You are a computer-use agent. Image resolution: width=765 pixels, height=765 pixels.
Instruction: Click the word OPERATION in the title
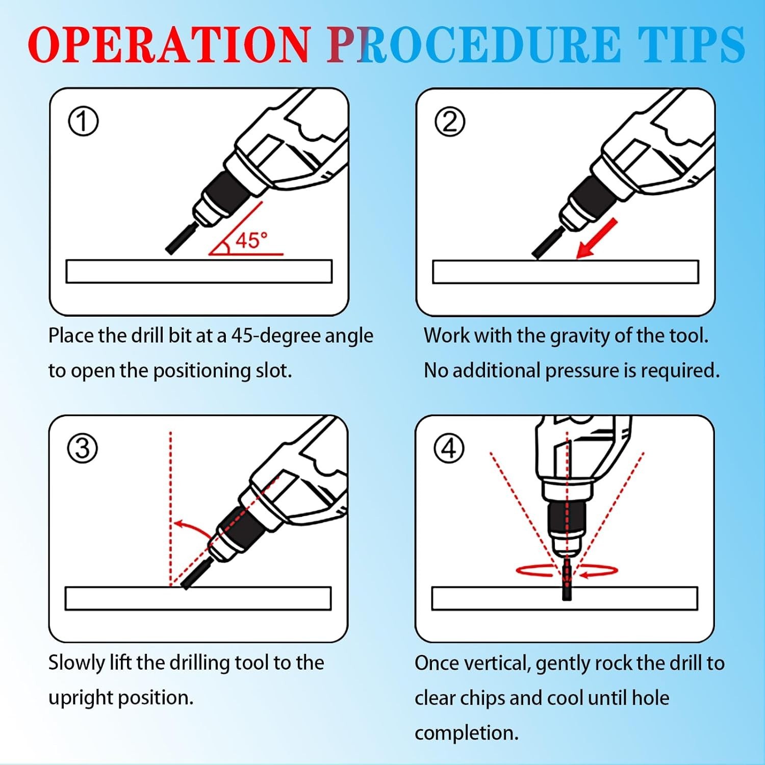point(168,44)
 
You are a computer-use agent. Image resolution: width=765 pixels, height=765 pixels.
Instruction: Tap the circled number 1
point(83,122)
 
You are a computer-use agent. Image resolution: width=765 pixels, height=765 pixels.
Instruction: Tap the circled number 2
point(450,122)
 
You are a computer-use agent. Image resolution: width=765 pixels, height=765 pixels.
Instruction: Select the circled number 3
point(83,448)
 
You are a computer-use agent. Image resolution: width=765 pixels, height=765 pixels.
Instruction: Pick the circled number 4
point(449,448)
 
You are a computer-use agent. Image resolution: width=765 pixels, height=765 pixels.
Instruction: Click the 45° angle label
point(251,240)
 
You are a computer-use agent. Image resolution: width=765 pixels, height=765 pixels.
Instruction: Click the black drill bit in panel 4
point(567,580)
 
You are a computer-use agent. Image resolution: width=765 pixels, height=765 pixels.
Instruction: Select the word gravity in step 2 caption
point(580,336)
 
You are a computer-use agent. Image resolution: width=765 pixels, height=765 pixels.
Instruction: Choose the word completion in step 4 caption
point(466,733)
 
